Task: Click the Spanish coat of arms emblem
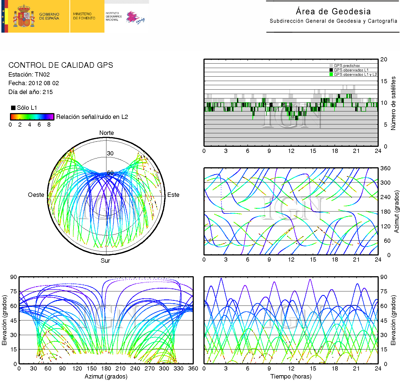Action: tap(24, 16)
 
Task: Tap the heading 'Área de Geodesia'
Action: tap(333, 12)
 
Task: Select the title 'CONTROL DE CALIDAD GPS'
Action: tap(61, 65)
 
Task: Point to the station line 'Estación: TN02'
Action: tap(29, 74)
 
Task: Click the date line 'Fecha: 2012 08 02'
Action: tap(33, 83)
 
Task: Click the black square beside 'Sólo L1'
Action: tap(13, 108)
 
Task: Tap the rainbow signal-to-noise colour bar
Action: tap(32, 117)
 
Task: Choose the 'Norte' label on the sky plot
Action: tap(106, 133)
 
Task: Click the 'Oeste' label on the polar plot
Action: tap(36, 195)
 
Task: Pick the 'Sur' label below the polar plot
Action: tap(105, 260)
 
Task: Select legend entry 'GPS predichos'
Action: tap(347, 66)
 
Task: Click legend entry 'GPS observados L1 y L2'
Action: tap(355, 74)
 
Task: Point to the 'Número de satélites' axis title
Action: tap(393, 103)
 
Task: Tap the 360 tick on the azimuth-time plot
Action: tap(385, 168)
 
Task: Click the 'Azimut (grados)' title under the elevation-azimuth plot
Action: tap(106, 376)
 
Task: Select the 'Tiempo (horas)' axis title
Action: tap(291, 376)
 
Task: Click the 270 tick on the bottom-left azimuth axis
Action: tap(150, 369)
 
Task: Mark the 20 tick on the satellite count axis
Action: tap(384, 59)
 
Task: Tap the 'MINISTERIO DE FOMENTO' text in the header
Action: tap(84, 16)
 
